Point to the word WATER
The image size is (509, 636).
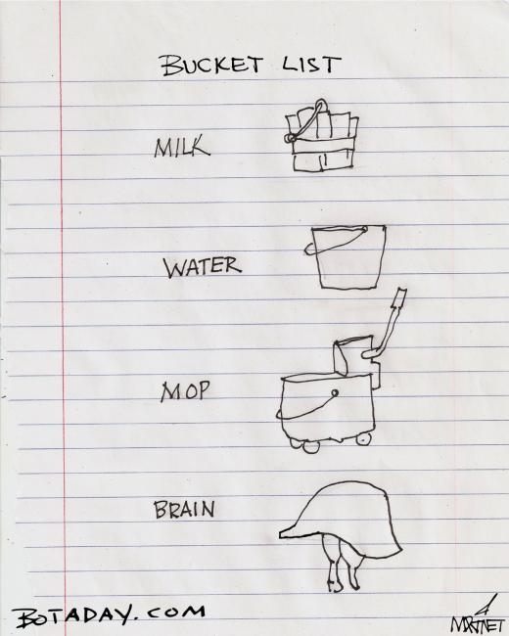[202, 265]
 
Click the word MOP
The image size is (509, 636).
[186, 393]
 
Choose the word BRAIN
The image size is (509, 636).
[185, 510]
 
